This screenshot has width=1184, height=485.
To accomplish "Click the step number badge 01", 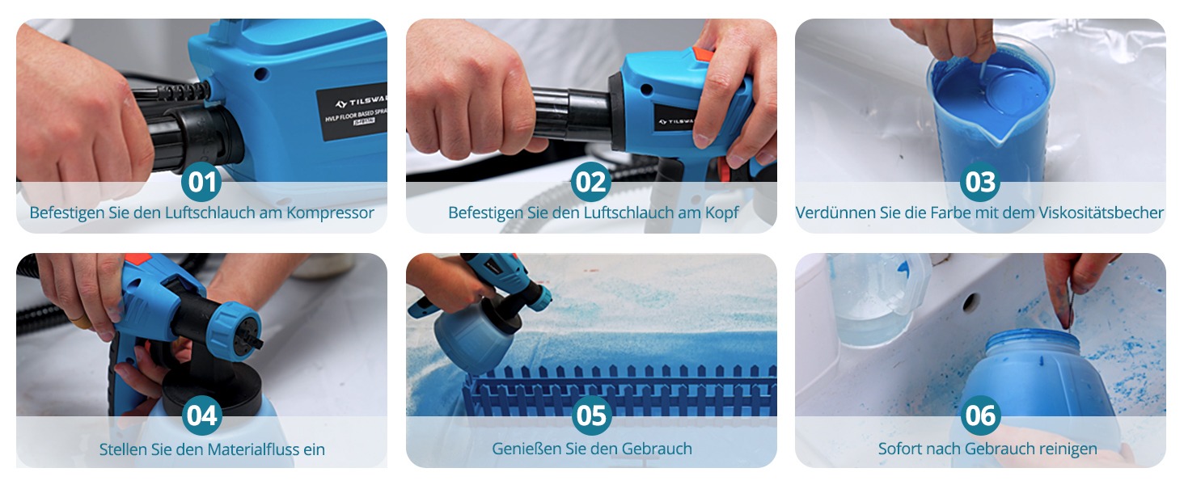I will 201,182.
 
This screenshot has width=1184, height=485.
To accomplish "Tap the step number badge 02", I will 591,182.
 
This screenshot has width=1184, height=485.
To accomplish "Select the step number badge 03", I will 980,182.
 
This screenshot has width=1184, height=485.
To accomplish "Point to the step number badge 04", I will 201,415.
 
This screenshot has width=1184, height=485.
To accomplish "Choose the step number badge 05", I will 591,415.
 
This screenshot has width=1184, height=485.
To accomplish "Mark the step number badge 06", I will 980,415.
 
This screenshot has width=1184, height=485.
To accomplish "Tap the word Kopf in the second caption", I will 721,213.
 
